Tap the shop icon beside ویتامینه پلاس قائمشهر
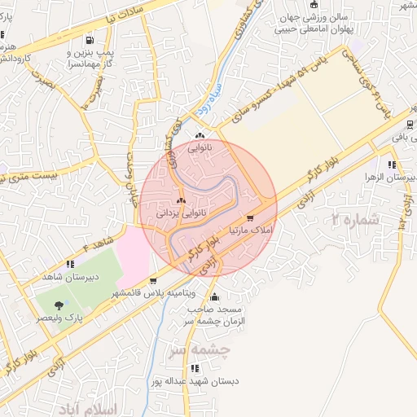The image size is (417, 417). (x=153, y=282)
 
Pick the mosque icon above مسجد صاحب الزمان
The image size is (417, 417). (x=214, y=296)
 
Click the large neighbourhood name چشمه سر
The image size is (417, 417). (x=200, y=349)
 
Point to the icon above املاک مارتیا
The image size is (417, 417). (x=249, y=218)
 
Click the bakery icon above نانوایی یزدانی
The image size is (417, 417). (x=181, y=200)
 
